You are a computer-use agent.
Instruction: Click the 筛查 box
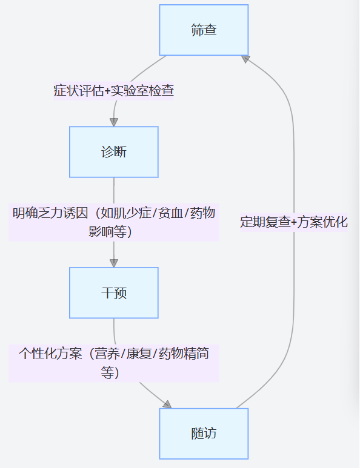tap(204, 30)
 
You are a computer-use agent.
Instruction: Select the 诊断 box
tap(114, 152)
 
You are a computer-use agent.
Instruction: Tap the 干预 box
tap(114, 293)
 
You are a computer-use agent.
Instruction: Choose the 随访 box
tap(204, 433)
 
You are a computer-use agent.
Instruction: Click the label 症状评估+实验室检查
tap(114, 91)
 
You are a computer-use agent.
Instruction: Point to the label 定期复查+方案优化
tap(294, 222)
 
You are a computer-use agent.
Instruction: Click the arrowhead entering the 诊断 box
tap(114, 122)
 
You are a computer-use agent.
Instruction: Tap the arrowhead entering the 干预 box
tap(114, 263)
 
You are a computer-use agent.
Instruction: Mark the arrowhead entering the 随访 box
tap(167, 404)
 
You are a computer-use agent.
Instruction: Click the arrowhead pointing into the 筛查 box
tap(245, 58)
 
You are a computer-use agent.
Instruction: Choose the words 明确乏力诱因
tap(50, 214)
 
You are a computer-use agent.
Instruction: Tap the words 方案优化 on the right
tap(324, 222)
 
